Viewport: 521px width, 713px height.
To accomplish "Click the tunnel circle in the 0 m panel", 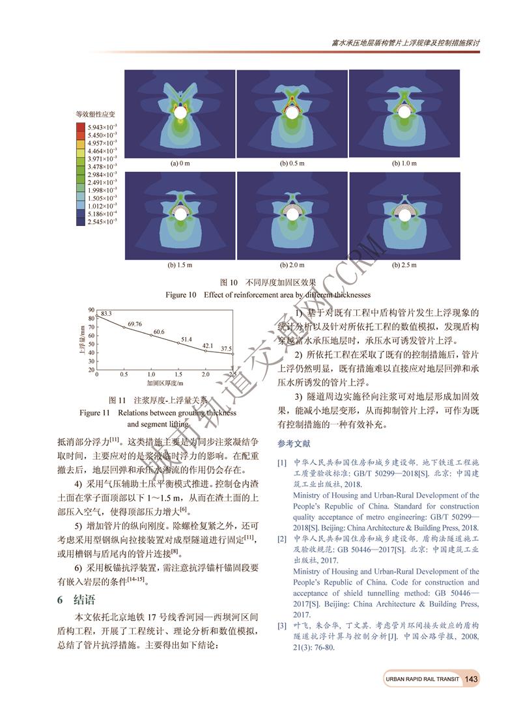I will (x=179, y=113).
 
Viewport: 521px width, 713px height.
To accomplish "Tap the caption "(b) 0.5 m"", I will (x=292, y=163).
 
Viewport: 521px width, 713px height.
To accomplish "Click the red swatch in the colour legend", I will (x=81, y=126).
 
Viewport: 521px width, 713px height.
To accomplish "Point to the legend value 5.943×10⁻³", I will (x=103, y=126).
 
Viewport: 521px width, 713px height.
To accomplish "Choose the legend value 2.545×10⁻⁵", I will (x=103, y=222).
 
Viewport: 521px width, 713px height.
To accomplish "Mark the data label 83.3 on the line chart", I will (x=106, y=313).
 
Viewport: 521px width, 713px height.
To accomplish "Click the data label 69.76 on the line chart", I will (x=135, y=324).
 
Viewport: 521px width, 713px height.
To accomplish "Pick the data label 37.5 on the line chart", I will (x=226, y=348).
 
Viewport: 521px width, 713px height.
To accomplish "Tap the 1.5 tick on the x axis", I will (x=178, y=375).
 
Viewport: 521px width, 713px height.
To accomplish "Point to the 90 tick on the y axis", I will (x=91, y=310).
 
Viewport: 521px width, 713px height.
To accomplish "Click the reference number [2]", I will (x=282, y=539).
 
